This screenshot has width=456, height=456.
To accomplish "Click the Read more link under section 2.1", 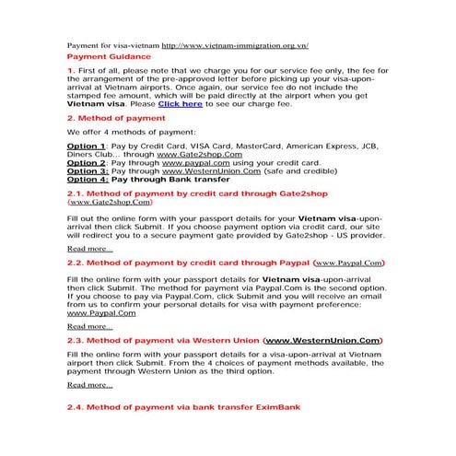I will (89, 249).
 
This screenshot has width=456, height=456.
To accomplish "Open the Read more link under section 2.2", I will (89, 326).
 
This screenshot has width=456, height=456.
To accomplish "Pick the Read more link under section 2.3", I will (89, 385).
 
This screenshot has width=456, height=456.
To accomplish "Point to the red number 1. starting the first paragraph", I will (72, 71).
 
